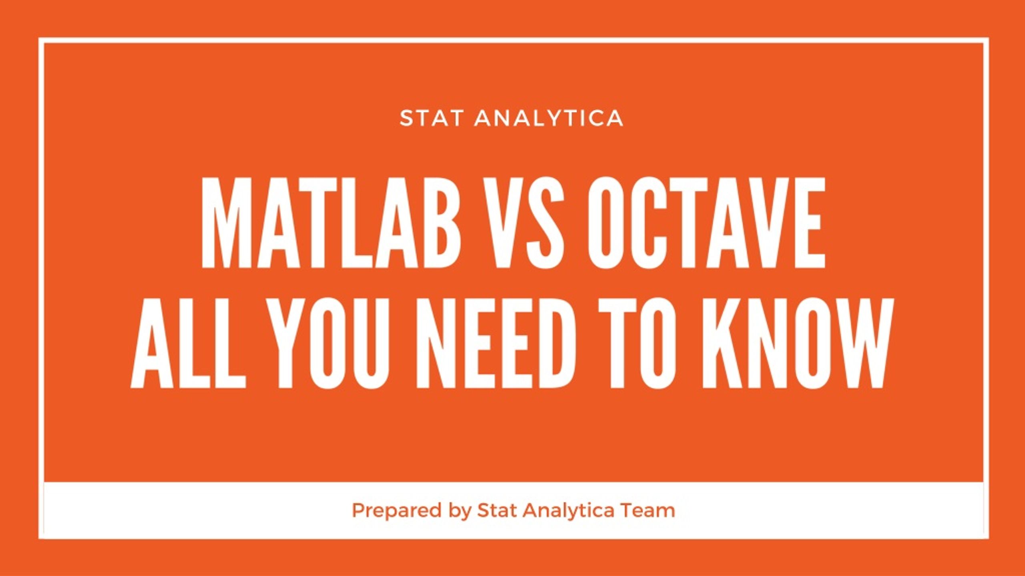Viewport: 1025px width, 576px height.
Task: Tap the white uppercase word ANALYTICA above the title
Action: click(x=548, y=118)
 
